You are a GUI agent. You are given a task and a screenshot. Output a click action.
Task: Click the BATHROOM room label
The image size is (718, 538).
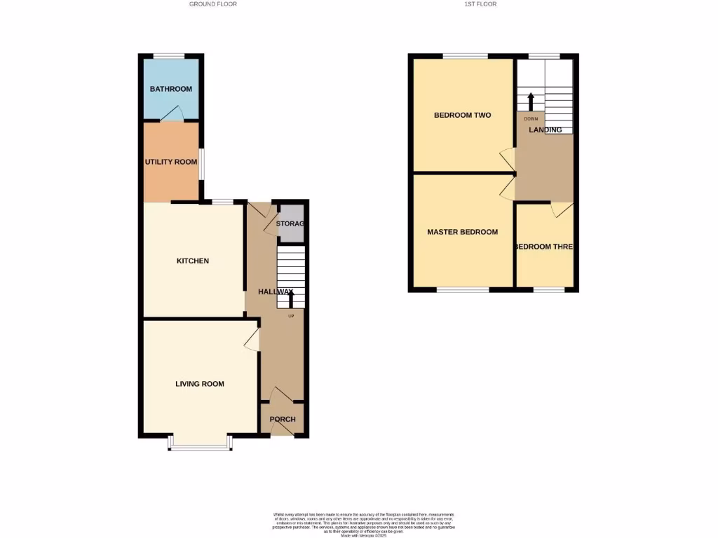(x=170, y=89)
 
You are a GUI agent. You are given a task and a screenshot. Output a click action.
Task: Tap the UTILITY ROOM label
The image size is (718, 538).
(x=171, y=162)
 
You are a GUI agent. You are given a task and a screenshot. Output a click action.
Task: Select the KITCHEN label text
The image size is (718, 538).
(x=192, y=261)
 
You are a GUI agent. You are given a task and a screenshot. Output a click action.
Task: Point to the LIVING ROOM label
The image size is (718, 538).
(x=200, y=384)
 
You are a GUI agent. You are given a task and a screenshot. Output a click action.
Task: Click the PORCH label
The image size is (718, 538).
(x=283, y=420)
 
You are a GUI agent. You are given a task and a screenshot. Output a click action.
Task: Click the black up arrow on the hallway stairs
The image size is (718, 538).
(x=291, y=297)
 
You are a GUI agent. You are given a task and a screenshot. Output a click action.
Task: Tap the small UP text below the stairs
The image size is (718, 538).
(x=291, y=316)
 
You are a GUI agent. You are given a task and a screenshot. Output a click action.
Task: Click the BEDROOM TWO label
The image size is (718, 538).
(x=462, y=115)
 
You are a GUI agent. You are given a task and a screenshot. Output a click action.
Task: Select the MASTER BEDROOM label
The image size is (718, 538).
(x=463, y=232)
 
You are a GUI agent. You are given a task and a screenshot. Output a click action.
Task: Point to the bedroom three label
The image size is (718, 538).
(x=544, y=247)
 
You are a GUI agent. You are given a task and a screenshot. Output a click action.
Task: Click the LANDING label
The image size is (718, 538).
(x=546, y=130)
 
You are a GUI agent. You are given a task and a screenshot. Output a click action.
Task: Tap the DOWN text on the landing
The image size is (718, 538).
(x=531, y=119)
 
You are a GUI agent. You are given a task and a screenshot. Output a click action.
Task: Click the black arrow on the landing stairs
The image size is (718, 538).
(x=530, y=99)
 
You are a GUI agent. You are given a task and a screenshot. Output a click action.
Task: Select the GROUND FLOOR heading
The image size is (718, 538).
(x=213, y=4)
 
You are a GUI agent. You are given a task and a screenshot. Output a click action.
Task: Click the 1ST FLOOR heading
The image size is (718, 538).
(x=480, y=4)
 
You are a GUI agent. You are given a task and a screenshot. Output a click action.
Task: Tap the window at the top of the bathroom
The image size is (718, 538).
(x=170, y=56)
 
